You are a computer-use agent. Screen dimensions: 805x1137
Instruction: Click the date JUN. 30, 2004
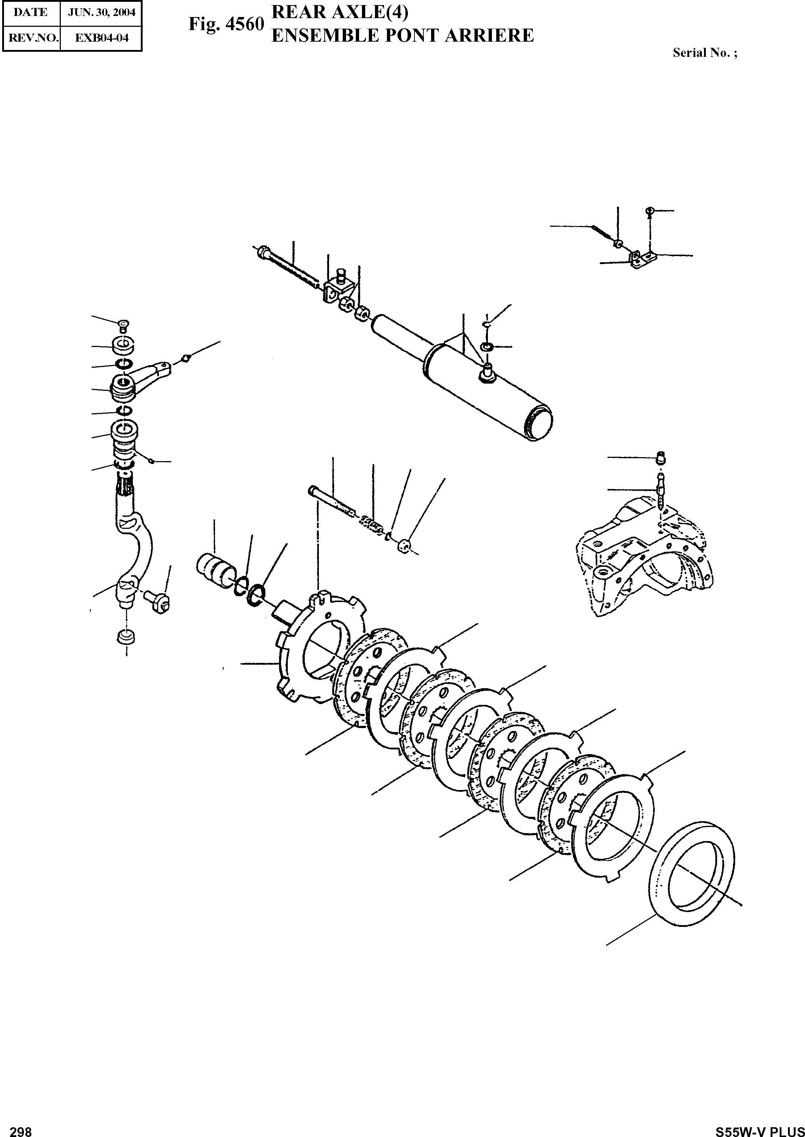101,12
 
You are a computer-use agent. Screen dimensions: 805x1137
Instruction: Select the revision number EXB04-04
101,38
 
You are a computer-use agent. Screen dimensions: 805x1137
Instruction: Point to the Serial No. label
704,53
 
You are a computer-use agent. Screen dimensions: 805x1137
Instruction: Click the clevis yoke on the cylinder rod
337,288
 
